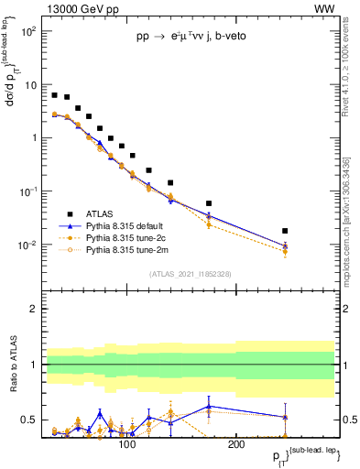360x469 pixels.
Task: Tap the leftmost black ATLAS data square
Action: click(x=55, y=95)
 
